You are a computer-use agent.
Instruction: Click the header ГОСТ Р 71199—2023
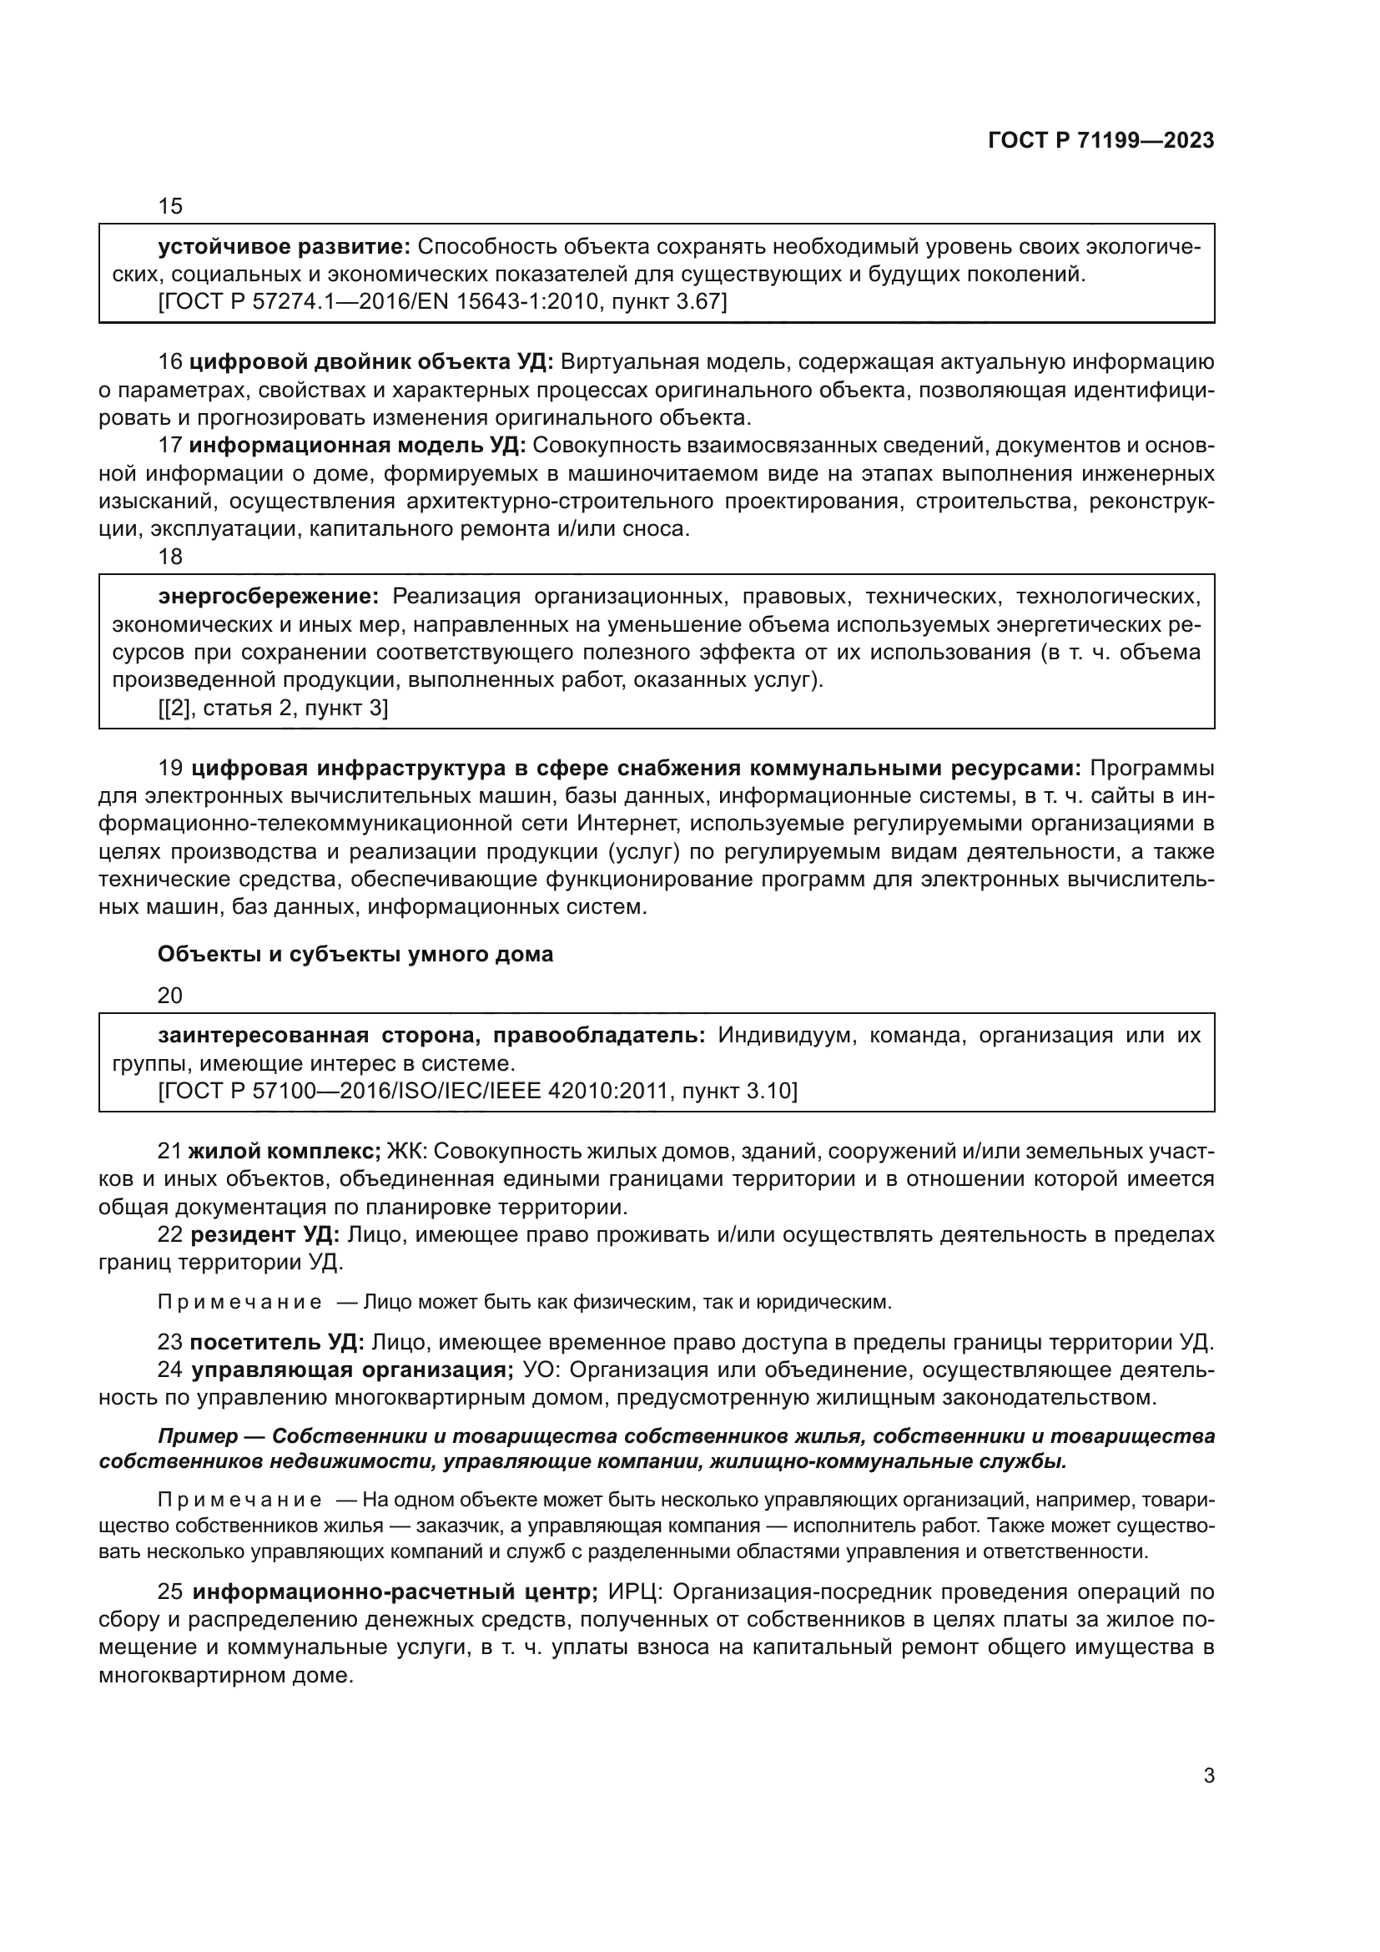[1101, 141]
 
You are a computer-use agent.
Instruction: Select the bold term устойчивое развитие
[284, 247]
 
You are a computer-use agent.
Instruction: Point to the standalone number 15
[170, 207]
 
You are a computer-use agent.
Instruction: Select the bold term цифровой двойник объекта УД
[370, 362]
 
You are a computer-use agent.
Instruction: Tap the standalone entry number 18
[170, 557]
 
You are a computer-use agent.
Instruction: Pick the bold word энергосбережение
[268, 597]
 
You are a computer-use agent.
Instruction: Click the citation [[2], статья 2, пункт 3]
[273, 709]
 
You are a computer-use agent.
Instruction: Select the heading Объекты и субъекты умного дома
[355, 954]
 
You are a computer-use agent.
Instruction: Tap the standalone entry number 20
[170, 996]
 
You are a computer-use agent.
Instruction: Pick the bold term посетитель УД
[276, 1343]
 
